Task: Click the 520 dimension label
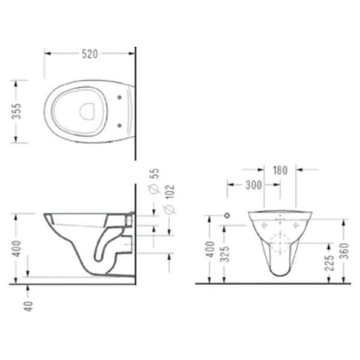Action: [90, 54]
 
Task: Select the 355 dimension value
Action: [16, 112]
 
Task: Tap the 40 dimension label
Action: [28, 307]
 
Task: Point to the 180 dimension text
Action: [280, 170]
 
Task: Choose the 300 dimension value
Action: [253, 185]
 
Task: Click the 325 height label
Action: [224, 254]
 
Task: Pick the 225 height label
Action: [329, 263]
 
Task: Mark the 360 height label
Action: [344, 251]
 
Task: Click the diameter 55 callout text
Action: [154, 181]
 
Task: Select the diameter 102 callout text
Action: [170, 199]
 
